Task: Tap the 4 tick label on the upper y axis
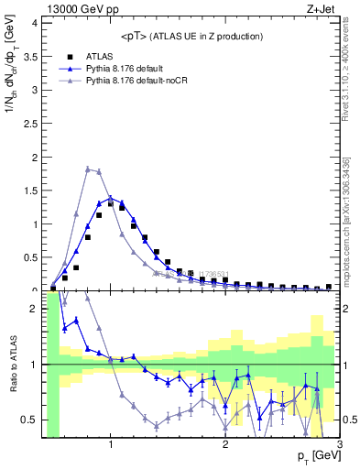click(34, 21)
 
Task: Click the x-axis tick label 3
click(340, 446)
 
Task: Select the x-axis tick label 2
click(225, 446)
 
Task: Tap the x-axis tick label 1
click(111, 446)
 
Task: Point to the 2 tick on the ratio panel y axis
click(34, 309)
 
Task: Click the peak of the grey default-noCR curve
click(87, 169)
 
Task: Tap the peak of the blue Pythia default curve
click(111, 197)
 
